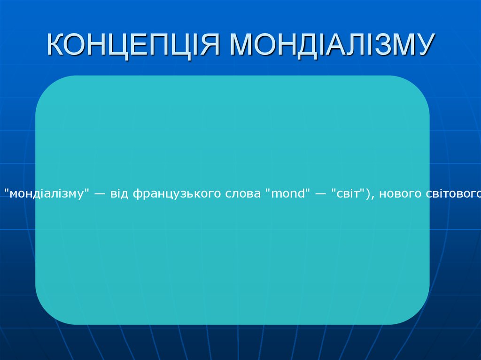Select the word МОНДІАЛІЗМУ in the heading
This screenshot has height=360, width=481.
click(x=333, y=45)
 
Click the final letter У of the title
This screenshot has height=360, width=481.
click(x=425, y=44)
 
